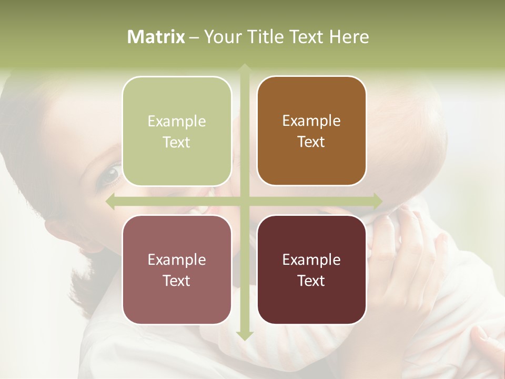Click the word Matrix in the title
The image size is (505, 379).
pos(156,37)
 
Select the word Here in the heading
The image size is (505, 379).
pos(349,37)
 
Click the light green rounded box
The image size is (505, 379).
pos(177,131)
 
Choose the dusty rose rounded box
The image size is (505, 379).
pos(177,270)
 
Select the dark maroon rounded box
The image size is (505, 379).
pos(311,270)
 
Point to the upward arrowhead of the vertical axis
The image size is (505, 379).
pos(245,68)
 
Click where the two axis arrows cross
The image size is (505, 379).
pos(245,201)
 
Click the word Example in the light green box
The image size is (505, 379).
pos(177,122)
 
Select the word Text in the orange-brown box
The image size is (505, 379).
pos(311,142)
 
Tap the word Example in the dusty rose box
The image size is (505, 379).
pos(177,260)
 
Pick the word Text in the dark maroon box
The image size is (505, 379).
pos(311,281)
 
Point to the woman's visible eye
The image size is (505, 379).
pos(110,174)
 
